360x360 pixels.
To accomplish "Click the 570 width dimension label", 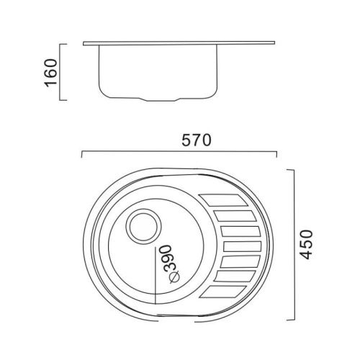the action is click(197, 140).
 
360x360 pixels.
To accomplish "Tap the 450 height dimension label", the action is click(307, 245).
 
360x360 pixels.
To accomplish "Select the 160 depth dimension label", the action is click(50, 73).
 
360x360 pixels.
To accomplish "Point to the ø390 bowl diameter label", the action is click(171, 264).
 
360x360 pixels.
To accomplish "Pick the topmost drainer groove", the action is click(223, 200).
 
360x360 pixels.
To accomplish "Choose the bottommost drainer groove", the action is click(223, 292).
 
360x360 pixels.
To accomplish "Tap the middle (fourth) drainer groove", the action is click(243, 246).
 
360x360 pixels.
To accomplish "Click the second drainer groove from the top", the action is click(235, 215).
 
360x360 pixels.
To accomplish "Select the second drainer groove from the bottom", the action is click(235, 276).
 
